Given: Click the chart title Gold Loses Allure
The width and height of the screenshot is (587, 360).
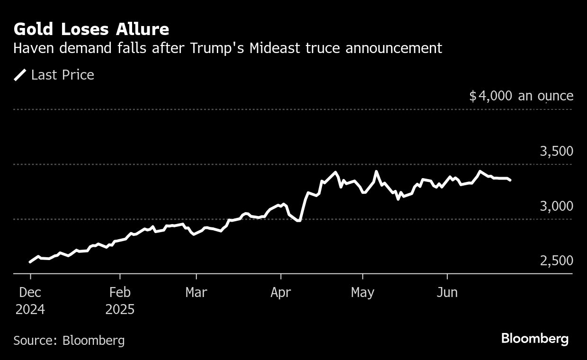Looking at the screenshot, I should [x=91, y=29].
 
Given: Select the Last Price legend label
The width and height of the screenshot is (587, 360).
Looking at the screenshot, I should [x=62, y=75].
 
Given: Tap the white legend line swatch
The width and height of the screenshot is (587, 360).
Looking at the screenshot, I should [x=20, y=75].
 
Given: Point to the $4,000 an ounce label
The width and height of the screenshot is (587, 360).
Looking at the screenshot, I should [x=521, y=96].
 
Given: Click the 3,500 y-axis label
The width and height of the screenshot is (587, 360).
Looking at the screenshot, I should [x=556, y=151].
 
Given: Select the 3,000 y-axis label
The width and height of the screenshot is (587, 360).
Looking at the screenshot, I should [x=556, y=206].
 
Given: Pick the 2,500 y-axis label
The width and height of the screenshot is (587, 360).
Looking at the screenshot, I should [x=556, y=261].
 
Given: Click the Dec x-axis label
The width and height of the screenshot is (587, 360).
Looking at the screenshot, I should [x=30, y=292].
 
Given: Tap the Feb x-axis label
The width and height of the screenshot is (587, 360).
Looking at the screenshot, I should [x=120, y=292].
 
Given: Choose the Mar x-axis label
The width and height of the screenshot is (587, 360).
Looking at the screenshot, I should [x=196, y=292].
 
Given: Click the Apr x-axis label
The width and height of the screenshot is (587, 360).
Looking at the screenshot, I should [x=281, y=292].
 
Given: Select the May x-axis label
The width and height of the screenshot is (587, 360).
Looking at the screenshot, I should [x=363, y=292].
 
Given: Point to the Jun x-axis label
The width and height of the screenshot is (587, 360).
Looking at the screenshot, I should [x=447, y=292].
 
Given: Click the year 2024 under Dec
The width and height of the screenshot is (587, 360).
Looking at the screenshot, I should [x=30, y=309].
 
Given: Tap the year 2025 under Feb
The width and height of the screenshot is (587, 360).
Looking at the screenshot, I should [x=120, y=309].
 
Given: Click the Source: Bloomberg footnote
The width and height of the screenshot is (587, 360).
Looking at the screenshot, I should [x=69, y=340].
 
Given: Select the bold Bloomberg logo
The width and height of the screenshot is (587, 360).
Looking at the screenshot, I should [x=534, y=339].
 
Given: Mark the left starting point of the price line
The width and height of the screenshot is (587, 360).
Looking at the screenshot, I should [x=30, y=261].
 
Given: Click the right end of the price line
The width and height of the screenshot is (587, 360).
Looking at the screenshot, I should [x=510, y=180].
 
